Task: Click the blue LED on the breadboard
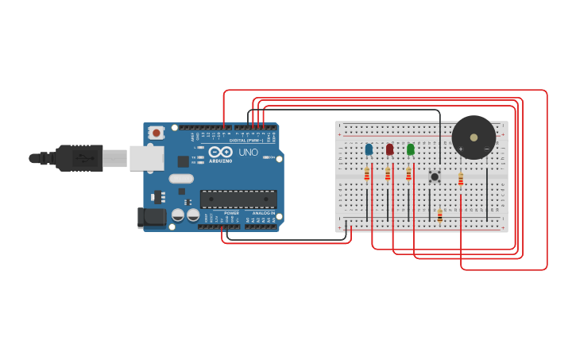click(x=369, y=149)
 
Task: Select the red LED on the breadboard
click(x=389, y=149)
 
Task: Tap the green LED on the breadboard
click(x=410, y=149)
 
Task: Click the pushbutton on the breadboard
click(x=435, y=176)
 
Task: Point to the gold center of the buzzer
click(x=474, y=137)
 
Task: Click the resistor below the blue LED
click(x=367, y=174)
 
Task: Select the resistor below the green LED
click(x=408, y=174)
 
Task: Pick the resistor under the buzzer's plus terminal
click(x=461, y=180)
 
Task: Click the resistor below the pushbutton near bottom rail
click(x=440, y=215)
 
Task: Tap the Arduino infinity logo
click(x=221, y=152)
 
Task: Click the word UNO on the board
click(x=248, y=152)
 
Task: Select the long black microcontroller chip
click(x=238, y=199)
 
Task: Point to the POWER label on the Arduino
click(x=231, y=213)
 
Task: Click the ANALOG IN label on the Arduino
click(x=264, y=213)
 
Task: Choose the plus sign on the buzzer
click(x=461, y=149)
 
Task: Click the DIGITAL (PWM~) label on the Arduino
click(x=246, y=140)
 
